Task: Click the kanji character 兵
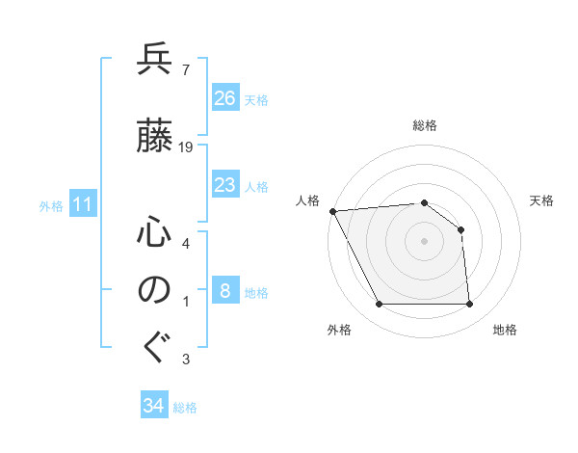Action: point(155,62)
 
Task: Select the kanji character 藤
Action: point(155,138)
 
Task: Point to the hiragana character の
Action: point(155,290)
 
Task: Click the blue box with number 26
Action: point(225,98)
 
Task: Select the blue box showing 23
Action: point(225,185)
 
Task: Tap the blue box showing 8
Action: point(225,291)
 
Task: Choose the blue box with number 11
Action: point(83,204)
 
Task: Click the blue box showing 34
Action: point(154,406)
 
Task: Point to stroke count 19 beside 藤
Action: point(187,147)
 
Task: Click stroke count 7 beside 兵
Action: point(184,69)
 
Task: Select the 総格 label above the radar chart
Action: point(424,126)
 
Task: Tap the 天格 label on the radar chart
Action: point(542,200)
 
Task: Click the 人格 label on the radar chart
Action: point(307,200)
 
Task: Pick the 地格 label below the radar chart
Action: point(505,331)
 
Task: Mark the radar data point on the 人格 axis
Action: point(332,211)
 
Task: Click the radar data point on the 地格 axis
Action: point(470,305)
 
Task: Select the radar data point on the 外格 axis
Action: point(379,305)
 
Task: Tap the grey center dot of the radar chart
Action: point(424,241)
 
